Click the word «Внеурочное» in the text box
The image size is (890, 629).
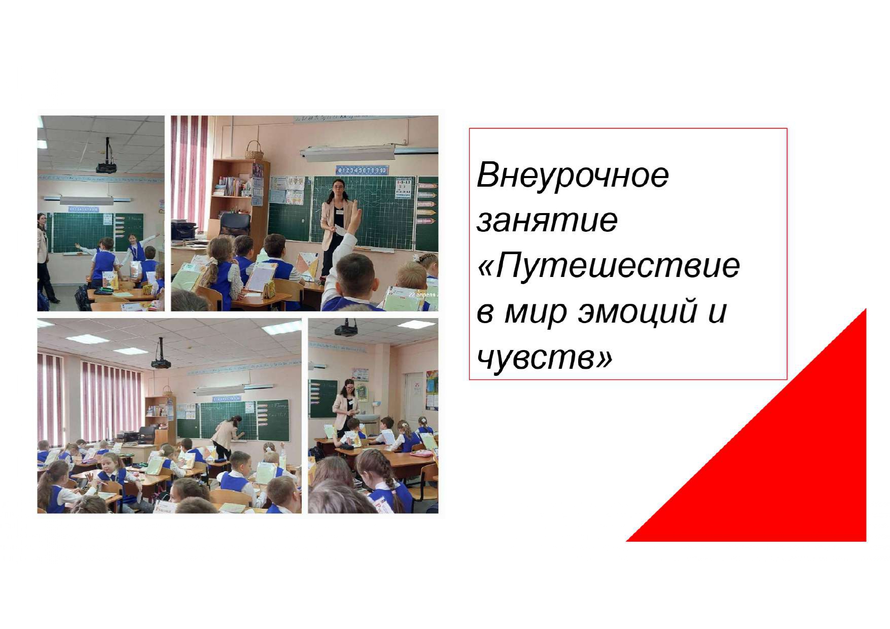coord(573,175)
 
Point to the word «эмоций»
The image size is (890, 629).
coord(638,311)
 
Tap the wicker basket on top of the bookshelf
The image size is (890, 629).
coord(254,151)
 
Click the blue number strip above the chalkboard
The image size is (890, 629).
coord(362,170)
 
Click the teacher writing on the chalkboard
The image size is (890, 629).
coord(226,436)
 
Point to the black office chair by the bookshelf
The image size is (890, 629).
coord(234,224)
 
